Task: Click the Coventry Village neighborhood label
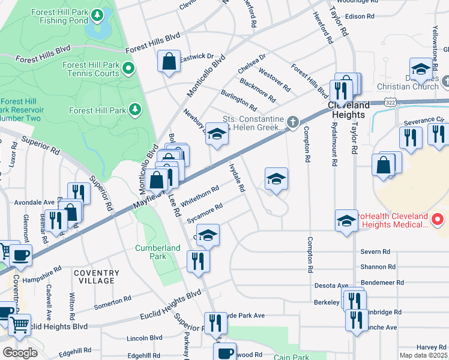pos(94,277)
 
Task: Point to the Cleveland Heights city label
pos(346,110)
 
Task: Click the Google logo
pos(20,353)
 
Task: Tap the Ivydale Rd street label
pos(237,178)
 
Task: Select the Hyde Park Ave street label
pos(243,315)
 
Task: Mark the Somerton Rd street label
pos(113,301)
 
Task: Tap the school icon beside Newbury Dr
pos(217,135)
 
